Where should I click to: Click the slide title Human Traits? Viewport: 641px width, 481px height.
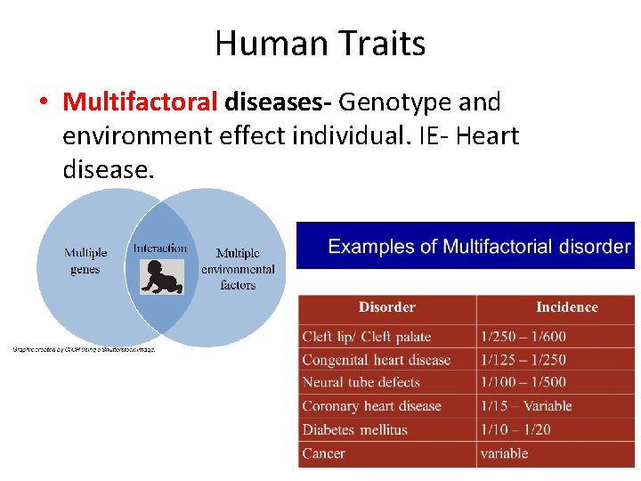320,43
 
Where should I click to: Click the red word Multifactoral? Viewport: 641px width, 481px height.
140,102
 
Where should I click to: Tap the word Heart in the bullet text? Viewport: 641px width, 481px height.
486,136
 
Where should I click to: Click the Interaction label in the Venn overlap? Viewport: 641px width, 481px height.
160,249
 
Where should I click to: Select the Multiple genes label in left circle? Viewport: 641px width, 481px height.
85,261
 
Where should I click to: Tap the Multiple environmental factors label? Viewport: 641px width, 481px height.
238,269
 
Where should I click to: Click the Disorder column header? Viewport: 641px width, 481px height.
386,307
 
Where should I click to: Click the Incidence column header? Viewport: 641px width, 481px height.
566,307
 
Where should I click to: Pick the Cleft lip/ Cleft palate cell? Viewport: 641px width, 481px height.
366,337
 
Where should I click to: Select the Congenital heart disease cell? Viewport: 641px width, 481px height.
376,360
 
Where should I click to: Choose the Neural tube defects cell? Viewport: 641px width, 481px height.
361,383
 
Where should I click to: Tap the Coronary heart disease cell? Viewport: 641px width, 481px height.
371,406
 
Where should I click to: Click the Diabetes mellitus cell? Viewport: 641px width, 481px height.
354,429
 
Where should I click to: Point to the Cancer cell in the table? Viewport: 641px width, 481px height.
323,453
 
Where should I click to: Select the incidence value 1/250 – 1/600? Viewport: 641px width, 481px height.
523,337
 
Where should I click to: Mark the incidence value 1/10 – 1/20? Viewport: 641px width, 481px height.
515,429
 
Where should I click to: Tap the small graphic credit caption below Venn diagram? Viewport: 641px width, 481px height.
84,350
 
